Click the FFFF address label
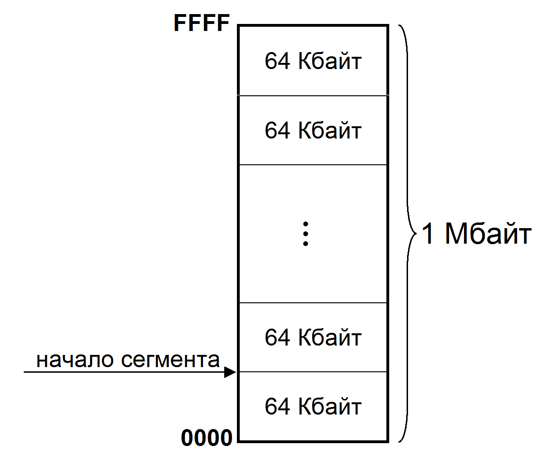tap(202, 23)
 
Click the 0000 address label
tap(207, 438)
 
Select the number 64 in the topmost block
tap(277, 61)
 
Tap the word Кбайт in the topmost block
tap(330, 61)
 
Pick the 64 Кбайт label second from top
tap(313, 130)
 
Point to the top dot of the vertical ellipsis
tap(306, 224)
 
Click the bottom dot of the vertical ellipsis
tap(306, 244)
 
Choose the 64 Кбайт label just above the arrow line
tap(313, 337)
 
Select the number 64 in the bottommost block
tap(277, 406)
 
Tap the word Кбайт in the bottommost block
tap(330, 406)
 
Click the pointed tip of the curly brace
tap(416, 233)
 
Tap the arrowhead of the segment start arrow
tap(230, 372)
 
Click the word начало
tap(75, 360)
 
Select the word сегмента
tap(170, 360)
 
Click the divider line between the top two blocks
tap(313, 95)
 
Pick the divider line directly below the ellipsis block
tap(313, 303)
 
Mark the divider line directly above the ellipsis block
tap(313, 165)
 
